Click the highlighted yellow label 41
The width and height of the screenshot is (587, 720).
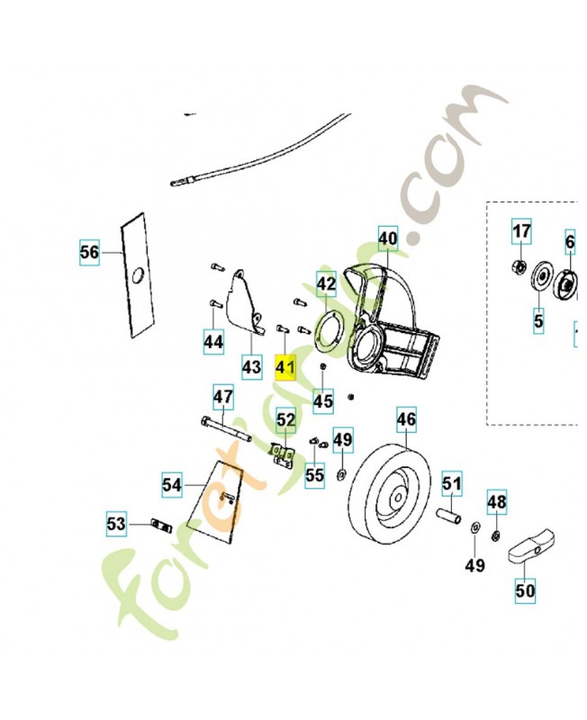pos(285,368)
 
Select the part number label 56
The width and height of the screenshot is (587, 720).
pos(89,253)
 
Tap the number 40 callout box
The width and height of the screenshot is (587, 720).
pos(386,238)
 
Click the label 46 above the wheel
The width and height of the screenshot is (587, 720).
pos(407,418)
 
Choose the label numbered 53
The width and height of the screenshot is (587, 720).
pos(117,523)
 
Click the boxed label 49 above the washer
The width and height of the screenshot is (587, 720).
pos(343,439)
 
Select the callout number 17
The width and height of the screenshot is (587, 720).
pos(522,231)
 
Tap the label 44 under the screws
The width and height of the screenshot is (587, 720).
pos(212,342)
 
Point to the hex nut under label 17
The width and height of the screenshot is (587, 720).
pos(519,266)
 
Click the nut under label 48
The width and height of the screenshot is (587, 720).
pos(495,537)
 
